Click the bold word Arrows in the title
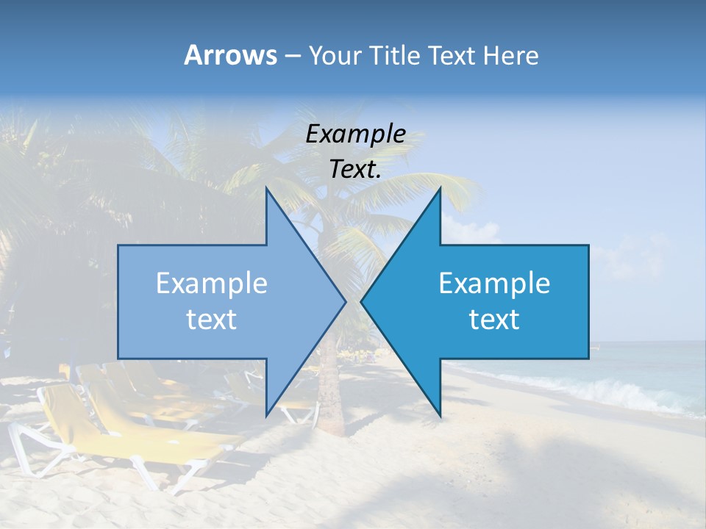tap(229, 55)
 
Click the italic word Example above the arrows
tap(355, 134)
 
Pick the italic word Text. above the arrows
tap(355, 170)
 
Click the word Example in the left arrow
tap(212, 284)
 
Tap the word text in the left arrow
tap(212, 320)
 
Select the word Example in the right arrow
tap(494, 284)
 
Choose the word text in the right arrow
tap(494, 320)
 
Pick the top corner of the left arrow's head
tap(266, 190)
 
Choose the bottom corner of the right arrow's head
tap(441, 415)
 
